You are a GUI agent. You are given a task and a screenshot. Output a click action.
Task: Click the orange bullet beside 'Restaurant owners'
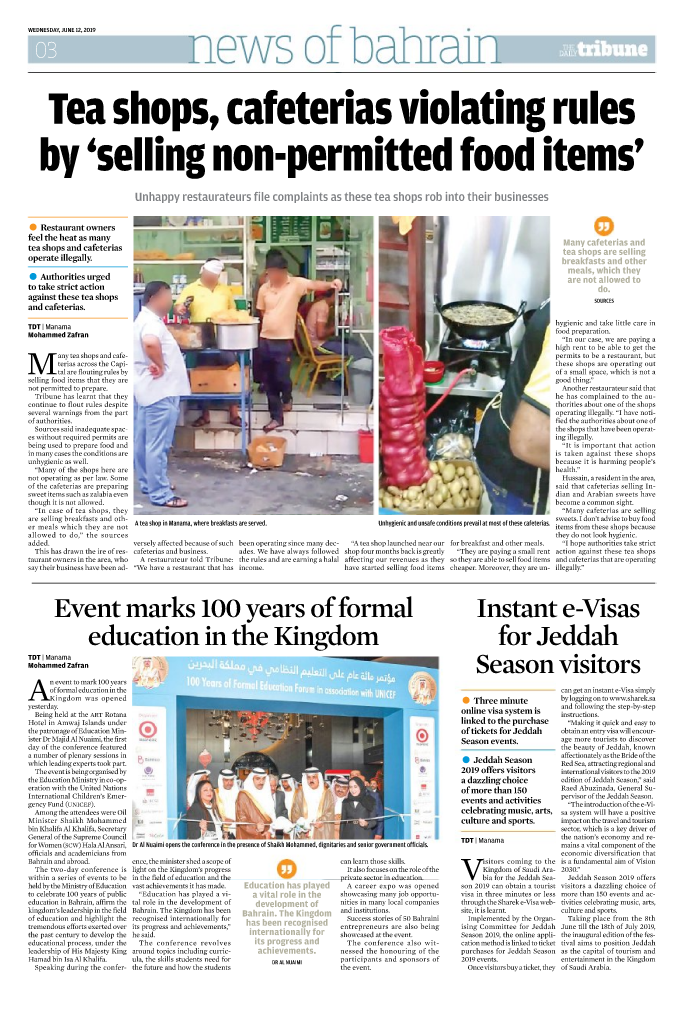click(x=34, y=227)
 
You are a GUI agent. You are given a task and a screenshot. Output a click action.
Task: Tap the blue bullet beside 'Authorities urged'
click(x=34, y=275)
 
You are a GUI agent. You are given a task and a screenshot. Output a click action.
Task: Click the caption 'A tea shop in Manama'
click(x=201, y=522)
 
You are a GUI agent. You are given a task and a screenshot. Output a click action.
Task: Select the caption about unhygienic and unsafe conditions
click(x=463, y=522)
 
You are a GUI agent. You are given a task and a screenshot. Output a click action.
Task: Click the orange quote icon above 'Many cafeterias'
click(x=603, y=226)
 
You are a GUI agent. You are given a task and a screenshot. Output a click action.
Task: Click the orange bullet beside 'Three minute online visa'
click(x=467, y=701)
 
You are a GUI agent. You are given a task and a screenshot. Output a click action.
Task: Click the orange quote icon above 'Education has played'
click(x=287, y=867)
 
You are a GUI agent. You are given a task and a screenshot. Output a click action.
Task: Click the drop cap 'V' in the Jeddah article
click(x=471, y=871)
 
